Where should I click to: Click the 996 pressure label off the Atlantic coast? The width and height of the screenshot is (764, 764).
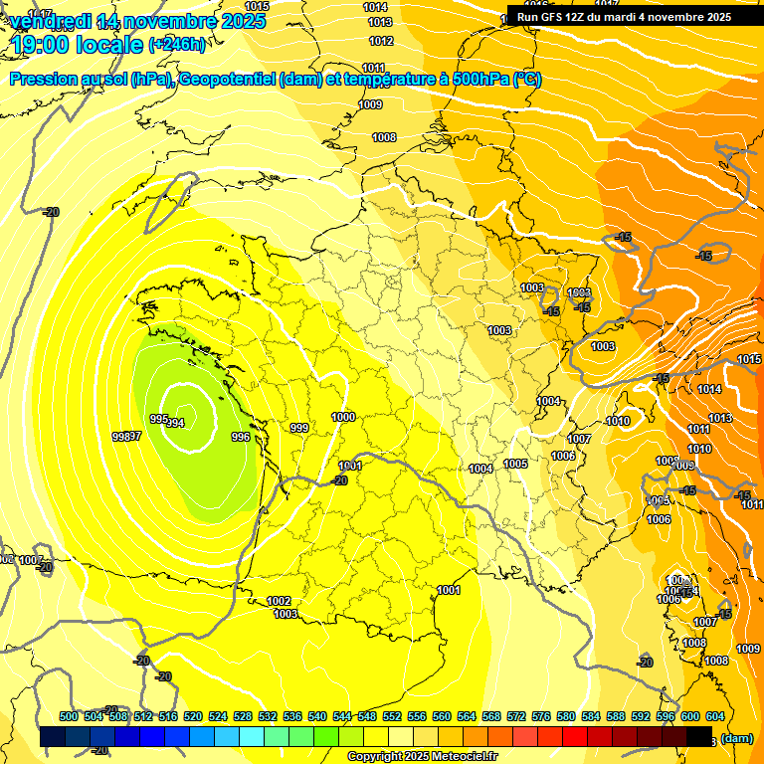[240, 437]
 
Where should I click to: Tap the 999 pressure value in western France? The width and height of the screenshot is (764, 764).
[298, 427]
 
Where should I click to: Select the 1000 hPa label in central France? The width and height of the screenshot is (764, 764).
[344, 417]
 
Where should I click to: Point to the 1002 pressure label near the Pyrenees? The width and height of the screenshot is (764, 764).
[279, 601]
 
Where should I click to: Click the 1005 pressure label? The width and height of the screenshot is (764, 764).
[515, 464]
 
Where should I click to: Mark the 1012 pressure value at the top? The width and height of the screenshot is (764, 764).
[381, 41]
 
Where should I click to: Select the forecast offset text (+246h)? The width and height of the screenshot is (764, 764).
[177, 45]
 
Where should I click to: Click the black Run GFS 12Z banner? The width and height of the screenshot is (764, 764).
[625, 17]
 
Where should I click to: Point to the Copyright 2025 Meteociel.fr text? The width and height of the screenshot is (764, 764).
[423, 756]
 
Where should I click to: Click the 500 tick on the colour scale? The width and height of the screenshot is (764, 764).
[69, 716]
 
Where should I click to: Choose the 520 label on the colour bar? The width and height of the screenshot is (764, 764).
[193, 716]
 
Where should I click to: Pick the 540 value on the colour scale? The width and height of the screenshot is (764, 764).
[317, 716]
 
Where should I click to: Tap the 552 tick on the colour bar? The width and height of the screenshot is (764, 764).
[392, 716]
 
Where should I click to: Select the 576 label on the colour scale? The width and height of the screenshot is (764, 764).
[541, 716]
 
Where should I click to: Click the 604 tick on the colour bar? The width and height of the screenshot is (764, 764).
[714, 716]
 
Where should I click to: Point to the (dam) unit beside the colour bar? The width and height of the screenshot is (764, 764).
[736, 738]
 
